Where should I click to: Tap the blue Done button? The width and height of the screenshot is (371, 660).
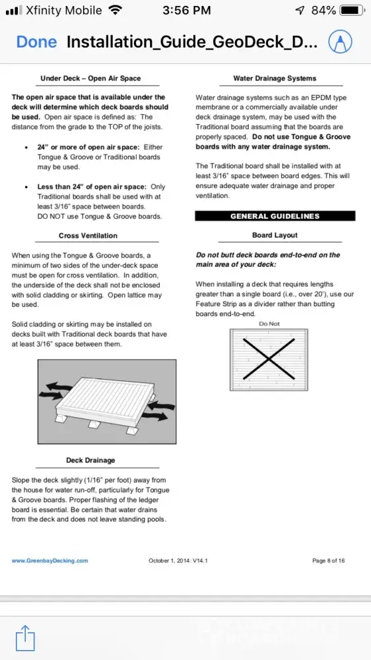coord(36,42)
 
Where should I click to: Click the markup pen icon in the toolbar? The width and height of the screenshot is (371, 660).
coord(340,41)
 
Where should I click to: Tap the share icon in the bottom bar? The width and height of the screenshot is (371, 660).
coord(25,638)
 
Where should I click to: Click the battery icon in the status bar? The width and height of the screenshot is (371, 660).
coord(352,10)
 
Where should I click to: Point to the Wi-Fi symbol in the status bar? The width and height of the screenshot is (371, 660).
coord(115,10)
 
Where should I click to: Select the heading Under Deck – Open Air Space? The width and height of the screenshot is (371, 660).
coord(90,79)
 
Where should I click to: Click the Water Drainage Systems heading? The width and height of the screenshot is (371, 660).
coord(275,79)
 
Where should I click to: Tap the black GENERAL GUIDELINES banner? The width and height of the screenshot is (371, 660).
coord(275,216)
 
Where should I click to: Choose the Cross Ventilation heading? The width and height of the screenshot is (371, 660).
coord(88,236)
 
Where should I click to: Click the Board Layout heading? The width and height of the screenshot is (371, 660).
coord(275,235)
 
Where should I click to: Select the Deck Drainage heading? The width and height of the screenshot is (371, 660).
coord(90,460)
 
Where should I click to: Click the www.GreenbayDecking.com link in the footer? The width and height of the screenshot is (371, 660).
coord(50,560)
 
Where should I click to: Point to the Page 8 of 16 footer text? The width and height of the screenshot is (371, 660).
coord(329,560)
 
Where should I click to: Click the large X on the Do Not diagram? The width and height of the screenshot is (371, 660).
coord(269,358)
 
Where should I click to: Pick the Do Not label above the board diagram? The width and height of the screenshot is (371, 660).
coord(269,323)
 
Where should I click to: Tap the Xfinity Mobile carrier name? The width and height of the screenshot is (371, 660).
coord(63,10)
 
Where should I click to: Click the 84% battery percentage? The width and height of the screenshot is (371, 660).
coord(323,10)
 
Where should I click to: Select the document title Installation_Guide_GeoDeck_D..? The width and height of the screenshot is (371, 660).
coord(192,42)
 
